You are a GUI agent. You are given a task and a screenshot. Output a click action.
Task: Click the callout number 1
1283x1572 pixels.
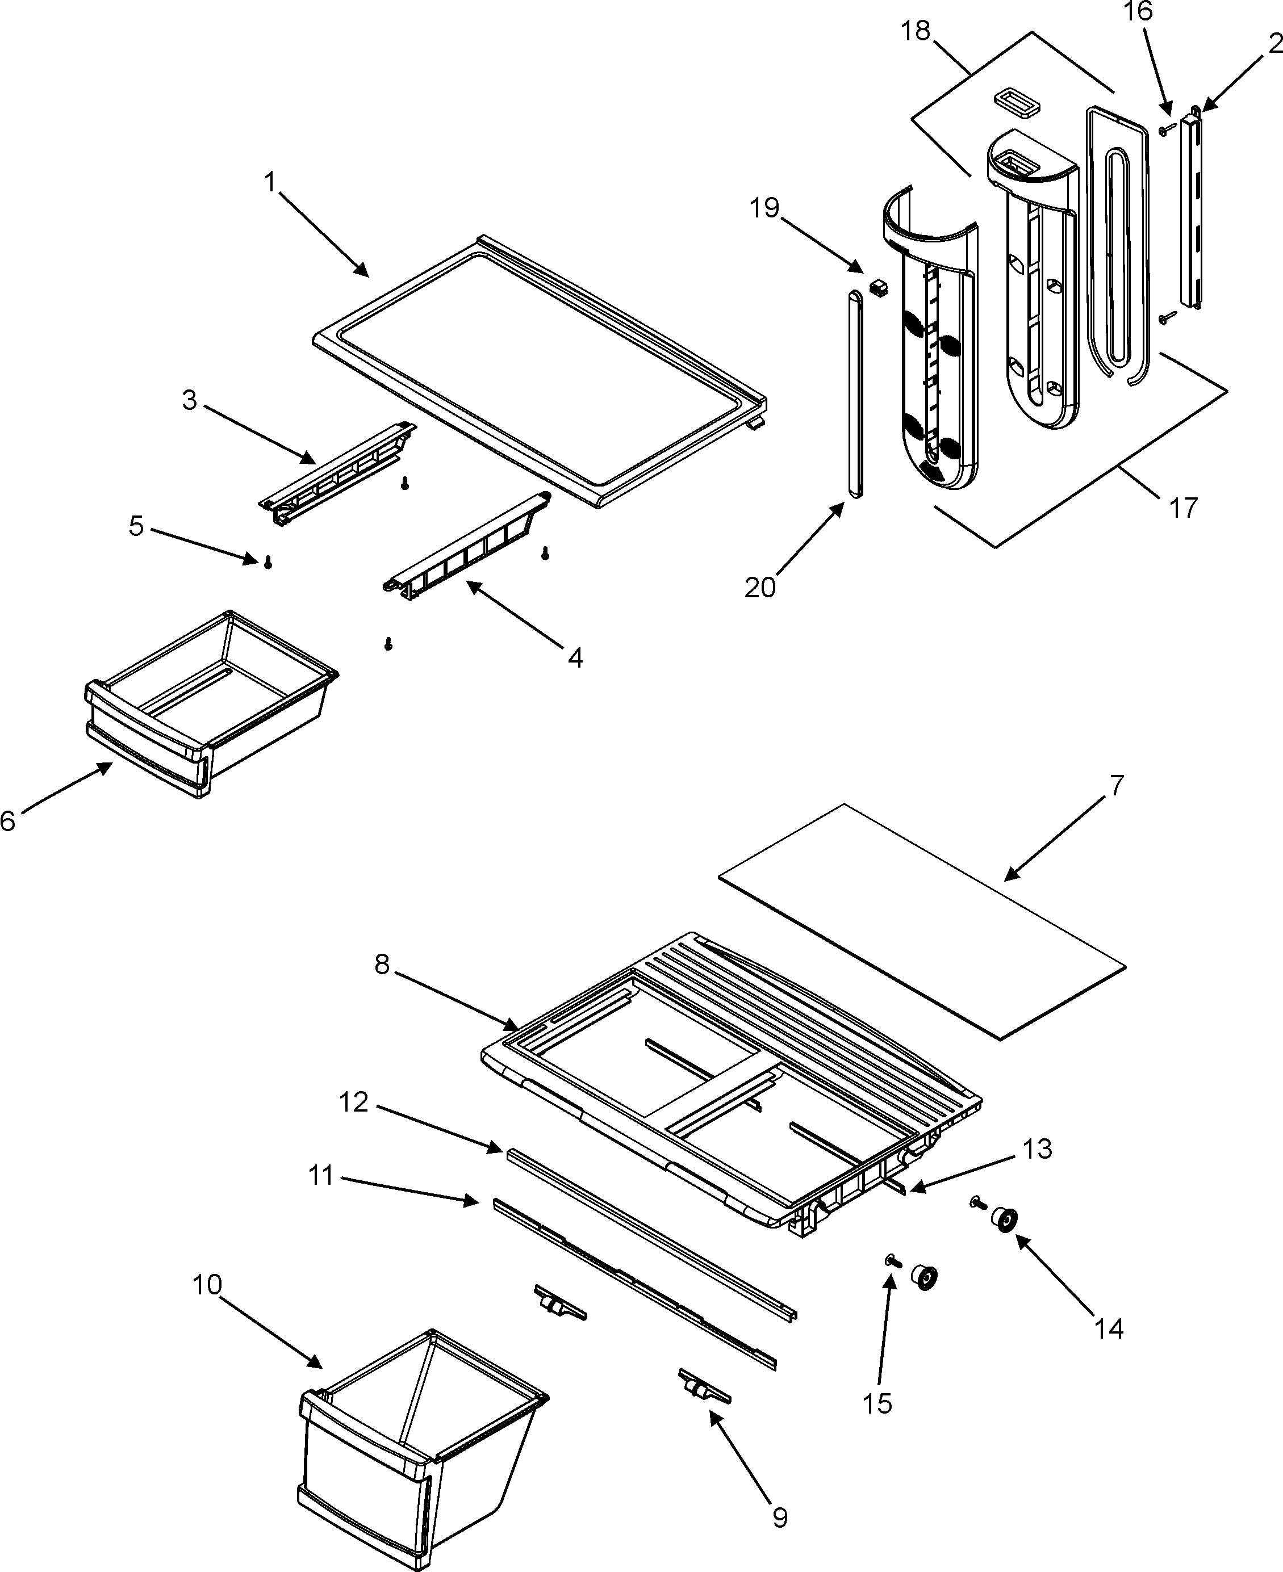270,182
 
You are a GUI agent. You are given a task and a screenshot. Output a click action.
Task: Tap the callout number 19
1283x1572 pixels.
765,208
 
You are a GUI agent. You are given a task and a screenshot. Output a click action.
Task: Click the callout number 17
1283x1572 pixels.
1183,508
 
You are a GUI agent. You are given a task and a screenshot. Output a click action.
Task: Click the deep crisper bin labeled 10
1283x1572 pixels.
414,1448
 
